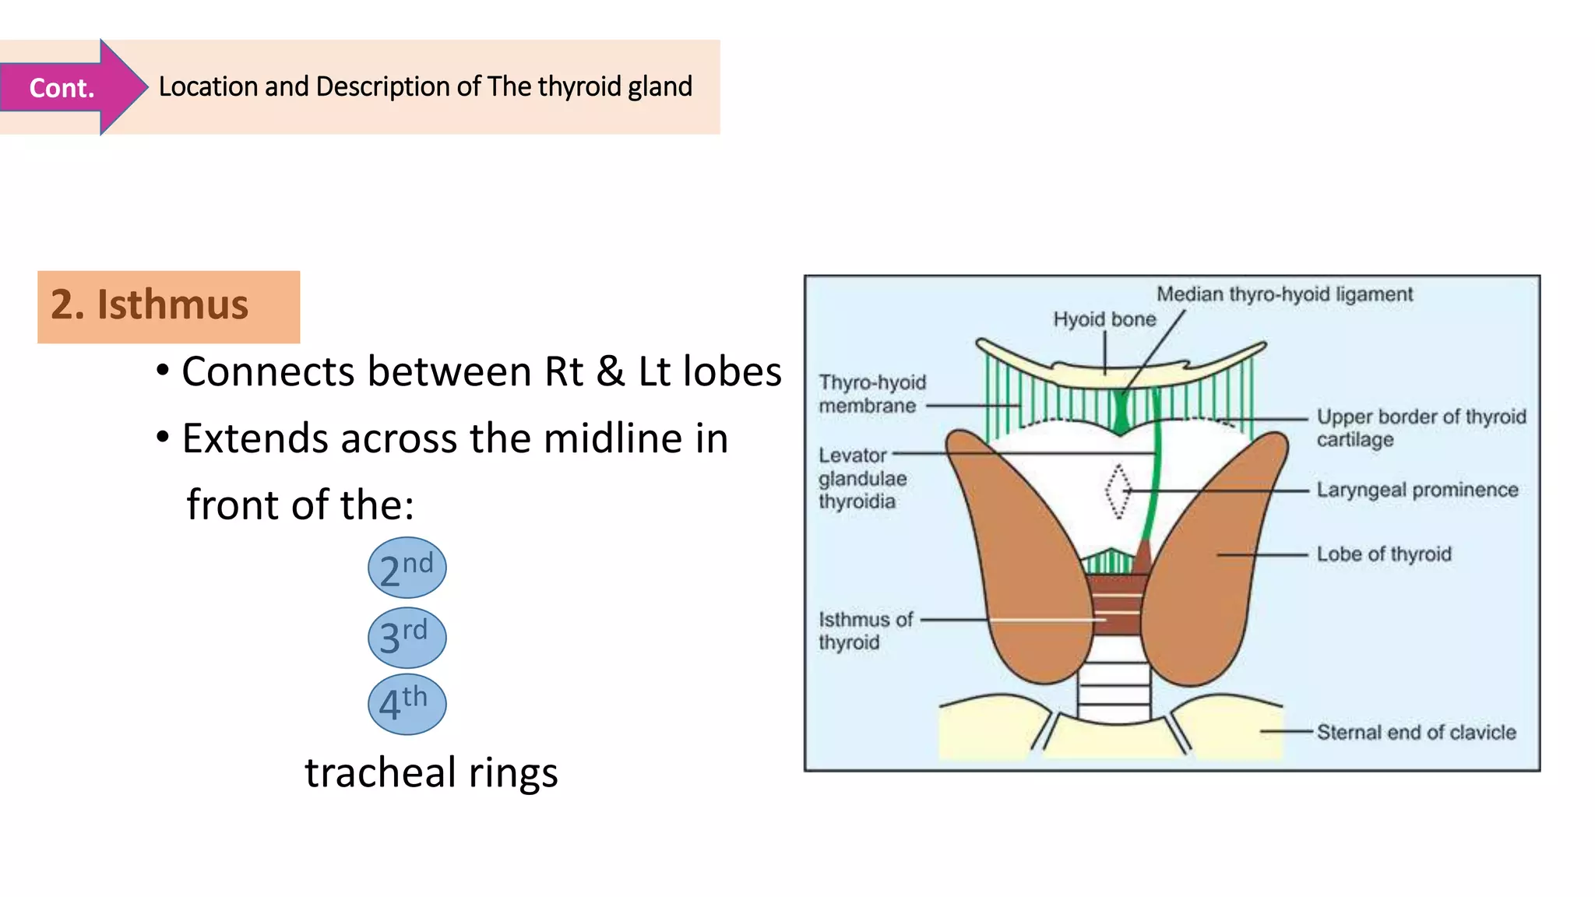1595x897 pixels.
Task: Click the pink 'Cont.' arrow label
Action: tap(62, 87)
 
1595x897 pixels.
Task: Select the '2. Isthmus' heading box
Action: tap(168, 306)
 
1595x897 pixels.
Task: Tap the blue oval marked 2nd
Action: tap(407, 568)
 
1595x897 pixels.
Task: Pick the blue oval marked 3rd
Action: tap(407, 637)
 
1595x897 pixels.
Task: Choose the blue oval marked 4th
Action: tap(407, 704)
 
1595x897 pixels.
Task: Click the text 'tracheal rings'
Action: tap(431, 772)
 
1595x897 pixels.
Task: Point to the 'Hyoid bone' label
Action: tap(1104, 319)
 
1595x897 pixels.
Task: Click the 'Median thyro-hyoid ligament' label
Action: tap(1283, 294)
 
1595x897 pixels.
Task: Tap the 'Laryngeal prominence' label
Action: tap(1417, 490)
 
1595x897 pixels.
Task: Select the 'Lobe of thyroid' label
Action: tap(1383, 554)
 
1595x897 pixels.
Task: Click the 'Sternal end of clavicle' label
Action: tap(1416, 732)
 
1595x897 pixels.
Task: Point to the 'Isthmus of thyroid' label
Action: tap(864, 631)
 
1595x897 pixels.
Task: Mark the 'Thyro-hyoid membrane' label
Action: tap(871, 394)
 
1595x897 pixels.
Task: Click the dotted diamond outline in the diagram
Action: tap(1118, 491)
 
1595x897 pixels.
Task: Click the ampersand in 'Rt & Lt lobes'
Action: tap(610, 371)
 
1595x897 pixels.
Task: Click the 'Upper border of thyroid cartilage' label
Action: tap(1420, 427)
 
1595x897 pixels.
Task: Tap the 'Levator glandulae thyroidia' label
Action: tap(861, 478)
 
